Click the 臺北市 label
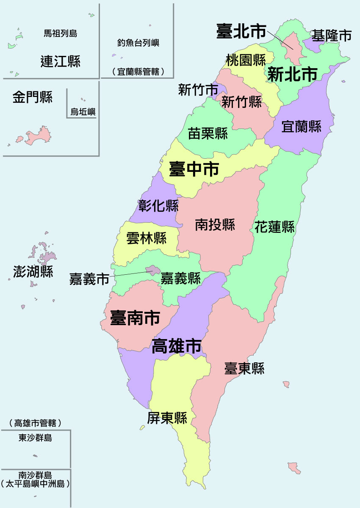[241, 31]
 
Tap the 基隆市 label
[332, 36]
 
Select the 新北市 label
[292, 75]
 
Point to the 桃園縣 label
[246, 60]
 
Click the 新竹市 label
[198, 90]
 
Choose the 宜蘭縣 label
[302, 126]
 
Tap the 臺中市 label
[194, 169]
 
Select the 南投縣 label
[215, 224]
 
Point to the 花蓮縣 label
[274, 226]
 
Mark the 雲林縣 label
[147, 238]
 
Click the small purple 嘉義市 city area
[152, 270]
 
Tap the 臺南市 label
[135, 317]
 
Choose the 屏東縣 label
[167, 418]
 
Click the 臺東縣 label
[244, 368]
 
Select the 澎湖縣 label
[33, 271]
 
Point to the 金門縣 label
[32, 98]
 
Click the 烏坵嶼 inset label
[83, 112]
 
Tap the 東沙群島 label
[35, 438]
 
